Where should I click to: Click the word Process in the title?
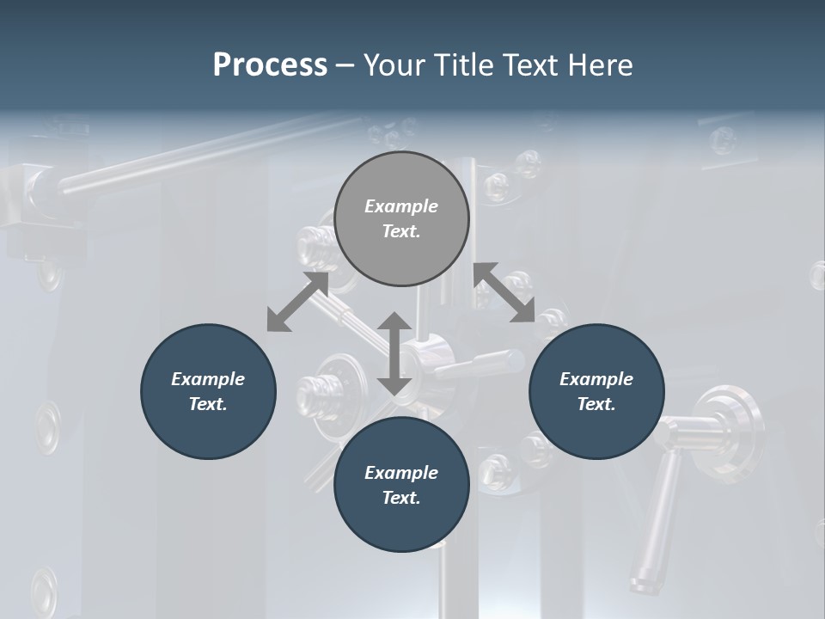[270, 65]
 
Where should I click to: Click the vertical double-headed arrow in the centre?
[394, 353]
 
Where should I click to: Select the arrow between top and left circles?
[297, 302]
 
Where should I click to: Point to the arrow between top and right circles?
[504, 292]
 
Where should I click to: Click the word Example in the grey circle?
[401, 206]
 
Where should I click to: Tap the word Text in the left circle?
[208, 404]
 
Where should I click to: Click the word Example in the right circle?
[596, 379]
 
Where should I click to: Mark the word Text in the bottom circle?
[401, 498]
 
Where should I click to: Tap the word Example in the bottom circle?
[401, 473]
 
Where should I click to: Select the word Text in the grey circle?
[401, 231]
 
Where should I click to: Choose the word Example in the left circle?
[208, 379]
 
